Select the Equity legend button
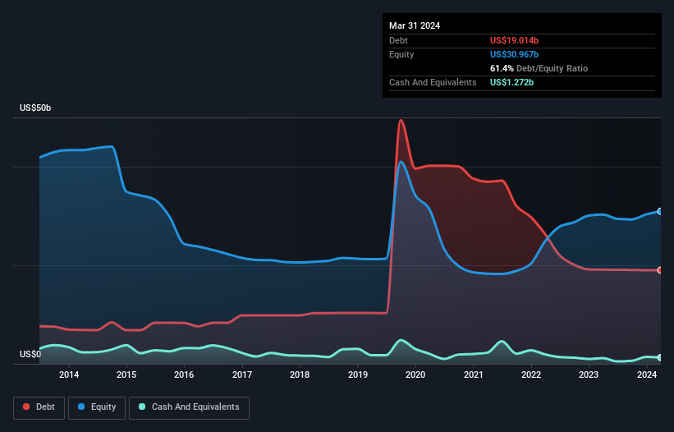[x=97, y=407]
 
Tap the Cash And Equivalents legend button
[x=189, y=407]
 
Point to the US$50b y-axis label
[x=39, y=108]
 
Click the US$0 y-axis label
[x=31, y=355]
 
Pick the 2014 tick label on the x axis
[x=69, y=375]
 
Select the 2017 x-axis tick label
[x=242, y=375]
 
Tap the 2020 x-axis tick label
[x=415, y=375]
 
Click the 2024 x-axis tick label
[x=646, y=375]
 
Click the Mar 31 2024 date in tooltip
[x=415, y=25]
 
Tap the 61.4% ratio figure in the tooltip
[x=502, y=68]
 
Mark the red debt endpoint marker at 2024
[x=659, y=270]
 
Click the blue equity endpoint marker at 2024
[x=659, y=211]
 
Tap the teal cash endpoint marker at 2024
[x=659, y=357]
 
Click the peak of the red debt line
[x=401, y=121]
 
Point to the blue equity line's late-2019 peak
[x=401, y=162]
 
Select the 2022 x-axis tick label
[x=531, y=375]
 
